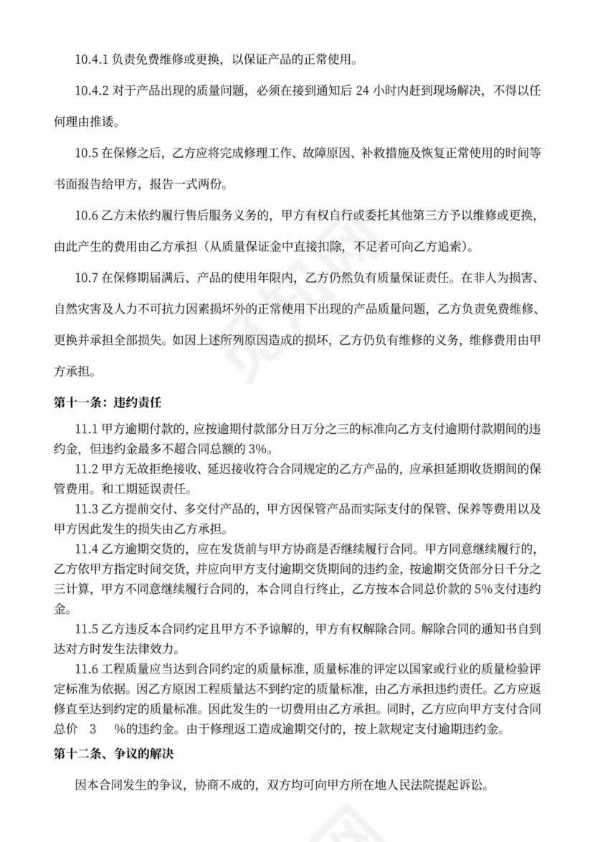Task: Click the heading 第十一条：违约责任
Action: click(100, 402)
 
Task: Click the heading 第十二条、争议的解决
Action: click(108, 754)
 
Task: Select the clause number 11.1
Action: click(86, 429)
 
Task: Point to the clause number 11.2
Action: click(86, 469)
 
